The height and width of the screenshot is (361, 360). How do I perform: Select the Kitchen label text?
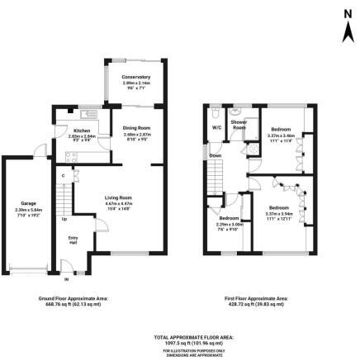[x=82, y=131]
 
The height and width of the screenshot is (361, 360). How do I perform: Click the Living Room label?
[x=118, y=197]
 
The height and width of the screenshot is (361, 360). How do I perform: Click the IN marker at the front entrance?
[x=57, y=273]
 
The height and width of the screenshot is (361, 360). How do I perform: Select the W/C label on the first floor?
[x=216, y=128]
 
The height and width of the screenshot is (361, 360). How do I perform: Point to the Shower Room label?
[x=239, y=126]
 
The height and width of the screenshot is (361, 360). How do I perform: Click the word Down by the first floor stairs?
[x=216, y=155]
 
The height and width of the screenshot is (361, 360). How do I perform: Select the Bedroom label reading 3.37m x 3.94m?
[x=278, y=207]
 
